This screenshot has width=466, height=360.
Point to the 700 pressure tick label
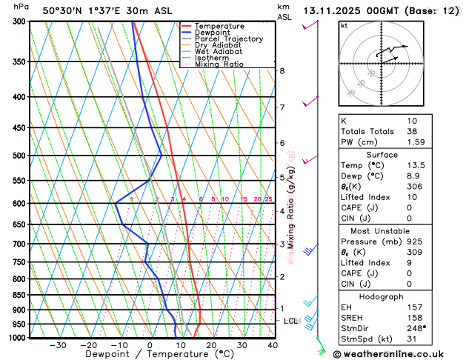pos(21,244)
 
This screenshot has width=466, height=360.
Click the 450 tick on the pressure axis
pos(21,128)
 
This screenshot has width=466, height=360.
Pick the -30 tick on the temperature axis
pos(58,345)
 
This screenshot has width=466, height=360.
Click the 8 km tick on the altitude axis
pos(282,71)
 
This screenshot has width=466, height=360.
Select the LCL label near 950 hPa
pos(290,321)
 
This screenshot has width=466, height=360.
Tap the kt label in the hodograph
pos(344,25)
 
